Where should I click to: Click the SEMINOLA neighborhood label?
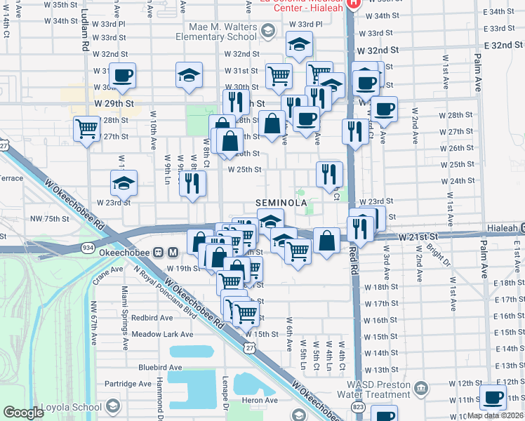(281, 202)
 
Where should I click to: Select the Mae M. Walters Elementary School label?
(216, 32)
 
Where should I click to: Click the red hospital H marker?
(353, 3)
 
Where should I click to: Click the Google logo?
(23, 413)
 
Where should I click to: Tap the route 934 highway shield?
(88, 248)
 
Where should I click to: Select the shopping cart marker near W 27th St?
(87, 128)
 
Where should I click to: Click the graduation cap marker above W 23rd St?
(124, 185)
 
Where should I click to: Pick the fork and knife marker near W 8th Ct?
(192, 183)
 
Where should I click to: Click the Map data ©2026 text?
(495, 415)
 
